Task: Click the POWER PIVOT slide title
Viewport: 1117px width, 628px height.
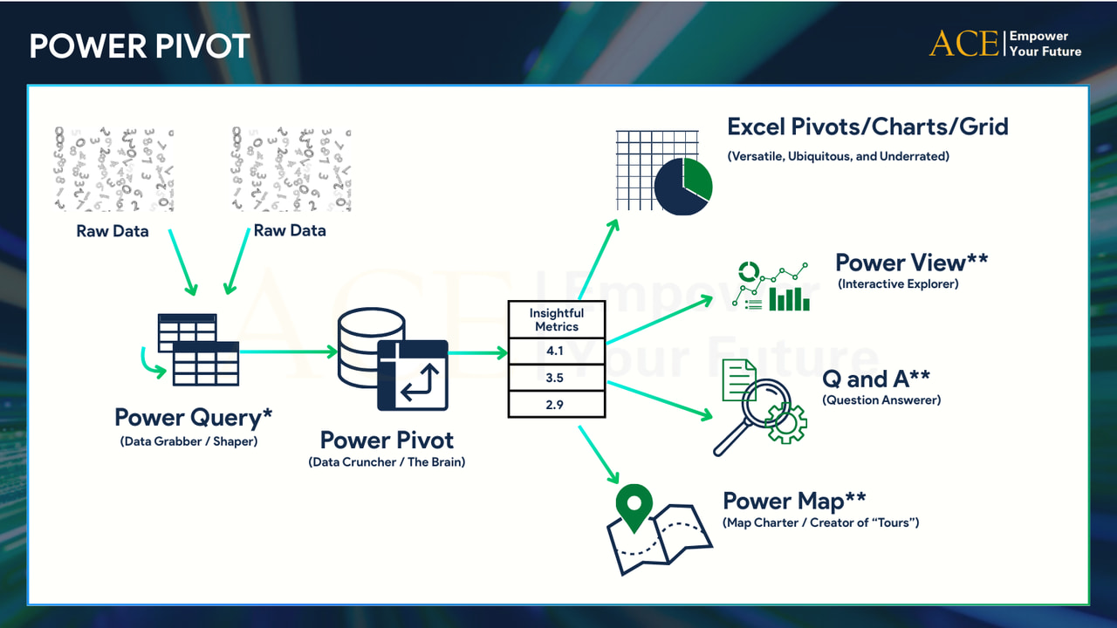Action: (140, 46)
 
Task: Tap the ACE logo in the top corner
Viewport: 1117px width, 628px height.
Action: (963, 44)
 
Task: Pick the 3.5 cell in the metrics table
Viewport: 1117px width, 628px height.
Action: (556, 379)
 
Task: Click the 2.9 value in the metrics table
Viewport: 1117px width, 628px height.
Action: (556, 404)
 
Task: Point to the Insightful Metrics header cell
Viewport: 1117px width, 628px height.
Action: (556, 320)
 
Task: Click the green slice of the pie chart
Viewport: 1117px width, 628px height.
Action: (697, 176)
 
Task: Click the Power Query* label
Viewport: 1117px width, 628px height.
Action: (193, 417)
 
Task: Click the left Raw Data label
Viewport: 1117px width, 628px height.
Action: (113, 231)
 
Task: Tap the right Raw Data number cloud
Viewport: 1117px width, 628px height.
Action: (291, 169)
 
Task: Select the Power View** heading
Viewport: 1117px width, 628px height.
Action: (911, 262)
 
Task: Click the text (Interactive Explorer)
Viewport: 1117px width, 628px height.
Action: (898, 284)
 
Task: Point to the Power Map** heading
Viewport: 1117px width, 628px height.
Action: (794, 501)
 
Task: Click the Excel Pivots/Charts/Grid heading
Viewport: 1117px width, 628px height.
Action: (867, 126)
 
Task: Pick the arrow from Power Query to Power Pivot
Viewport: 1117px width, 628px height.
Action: (288, 352)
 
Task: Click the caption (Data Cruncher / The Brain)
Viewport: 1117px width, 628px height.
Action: (387, 462)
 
